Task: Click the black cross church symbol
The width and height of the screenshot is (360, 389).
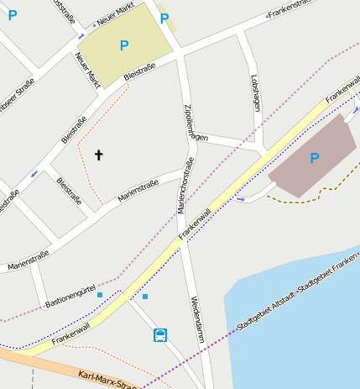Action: (x=99, y=155)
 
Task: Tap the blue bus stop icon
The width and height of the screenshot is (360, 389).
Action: (x=159, y=335)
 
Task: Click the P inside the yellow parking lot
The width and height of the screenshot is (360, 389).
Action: (x=124, y=45)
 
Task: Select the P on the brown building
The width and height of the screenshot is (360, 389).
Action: (x=315, y=158)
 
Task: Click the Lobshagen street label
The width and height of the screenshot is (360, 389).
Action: (x=256, y=93)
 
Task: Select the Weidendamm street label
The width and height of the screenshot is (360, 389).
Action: (x=194, y=316)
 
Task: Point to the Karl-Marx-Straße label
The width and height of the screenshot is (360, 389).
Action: (x=105, y=380)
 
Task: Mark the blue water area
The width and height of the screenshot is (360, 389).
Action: (x=294, y=336)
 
